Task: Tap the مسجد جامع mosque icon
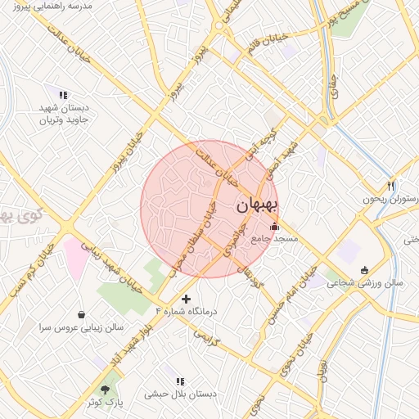pyautogui.click(x=274, y=227)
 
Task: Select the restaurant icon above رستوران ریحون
pyautogui.click(x=391, y=185)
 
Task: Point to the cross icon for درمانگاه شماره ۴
pyautogui.click(x=186, y=299)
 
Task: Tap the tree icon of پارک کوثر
pyautogui.click(x=104, y=389)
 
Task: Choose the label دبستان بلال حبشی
pyautogui.click(x=180, y=394)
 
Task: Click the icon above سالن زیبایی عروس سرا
pyautogui.click(x=81, y=314)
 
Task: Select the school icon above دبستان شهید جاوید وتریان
pyautogui.click(x=62, y=94)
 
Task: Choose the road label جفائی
pyautogui.click(x=333, y=97)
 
